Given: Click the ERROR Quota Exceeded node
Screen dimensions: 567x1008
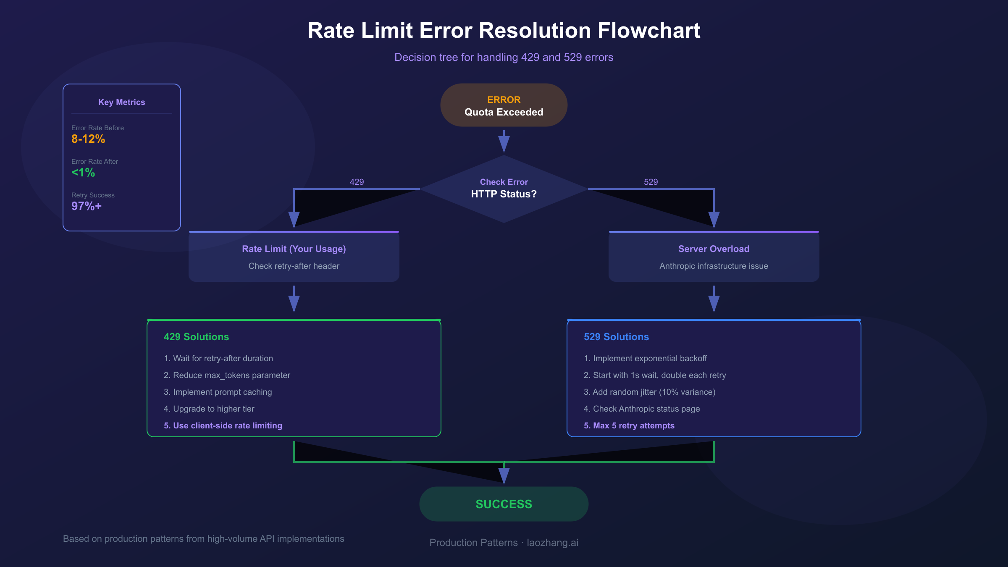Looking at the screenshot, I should (x=504, y=105).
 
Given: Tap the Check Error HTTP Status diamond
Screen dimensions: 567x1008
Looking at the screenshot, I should (x=504, y=189).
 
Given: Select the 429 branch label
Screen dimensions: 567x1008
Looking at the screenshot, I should (x=357, y=182).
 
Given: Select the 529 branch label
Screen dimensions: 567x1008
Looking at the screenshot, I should (x=651, y=182).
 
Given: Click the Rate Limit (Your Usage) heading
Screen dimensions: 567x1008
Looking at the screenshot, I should (x=294, y=249).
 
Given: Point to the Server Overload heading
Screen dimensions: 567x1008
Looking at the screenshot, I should (x=714, y=249).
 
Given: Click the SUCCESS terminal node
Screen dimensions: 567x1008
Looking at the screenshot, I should (x=504, y=504).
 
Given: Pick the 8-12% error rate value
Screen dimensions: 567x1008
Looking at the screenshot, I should (x=88, y=139).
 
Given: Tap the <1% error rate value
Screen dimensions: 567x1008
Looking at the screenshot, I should (x=83, y=173).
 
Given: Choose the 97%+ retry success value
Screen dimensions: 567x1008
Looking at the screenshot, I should (x=87, y=206).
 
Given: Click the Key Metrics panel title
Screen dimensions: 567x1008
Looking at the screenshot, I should (x=121, y=102).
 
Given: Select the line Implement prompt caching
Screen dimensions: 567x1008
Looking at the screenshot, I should (x=218, y=392).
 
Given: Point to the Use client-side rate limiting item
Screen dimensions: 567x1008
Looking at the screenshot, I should (x=223, y=425).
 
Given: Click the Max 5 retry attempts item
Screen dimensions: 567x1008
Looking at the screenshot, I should (x=629, y=425).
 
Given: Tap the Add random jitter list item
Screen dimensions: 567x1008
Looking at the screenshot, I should (x=649, y=392).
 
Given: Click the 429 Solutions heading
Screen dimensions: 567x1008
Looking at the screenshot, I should (x=196, y=337).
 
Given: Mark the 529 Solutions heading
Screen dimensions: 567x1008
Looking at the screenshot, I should (x=616, y=337).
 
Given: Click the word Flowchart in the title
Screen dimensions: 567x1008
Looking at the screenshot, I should (x=648, y=31).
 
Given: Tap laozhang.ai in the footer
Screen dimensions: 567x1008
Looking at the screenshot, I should (x=552, y=543).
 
